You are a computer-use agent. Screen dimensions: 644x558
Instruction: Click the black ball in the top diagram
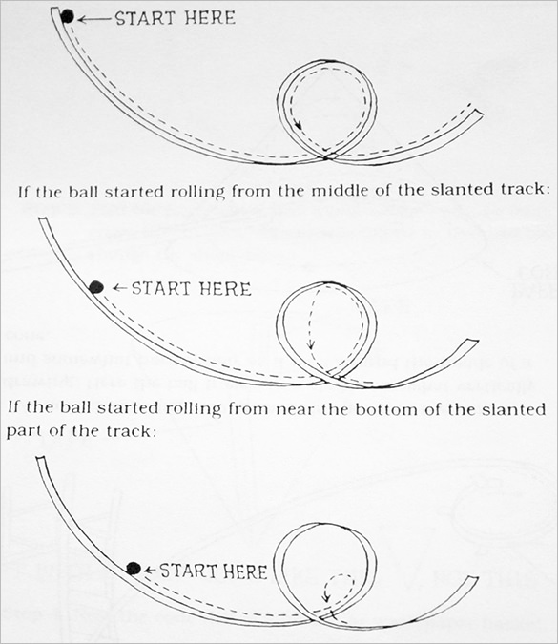click(x=67, y=15)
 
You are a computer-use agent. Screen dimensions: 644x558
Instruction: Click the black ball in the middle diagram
click(x=95, y=286)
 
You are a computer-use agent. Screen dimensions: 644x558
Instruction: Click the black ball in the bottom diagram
click(x=134, y=569)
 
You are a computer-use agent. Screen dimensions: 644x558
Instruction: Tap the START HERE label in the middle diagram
click(x=191, y=287)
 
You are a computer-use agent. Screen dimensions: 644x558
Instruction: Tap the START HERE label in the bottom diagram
click(x=213, y=571)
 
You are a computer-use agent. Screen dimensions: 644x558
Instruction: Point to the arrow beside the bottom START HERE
click(x=149, y=571)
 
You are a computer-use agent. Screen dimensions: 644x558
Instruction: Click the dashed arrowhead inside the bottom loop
click(x=326, y=599)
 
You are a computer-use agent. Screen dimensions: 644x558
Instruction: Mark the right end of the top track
click(x=478, y=112)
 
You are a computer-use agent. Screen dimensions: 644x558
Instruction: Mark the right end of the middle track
click(x=472, y=343)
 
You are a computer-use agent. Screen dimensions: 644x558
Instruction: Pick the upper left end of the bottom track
click(x=40, y=463)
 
